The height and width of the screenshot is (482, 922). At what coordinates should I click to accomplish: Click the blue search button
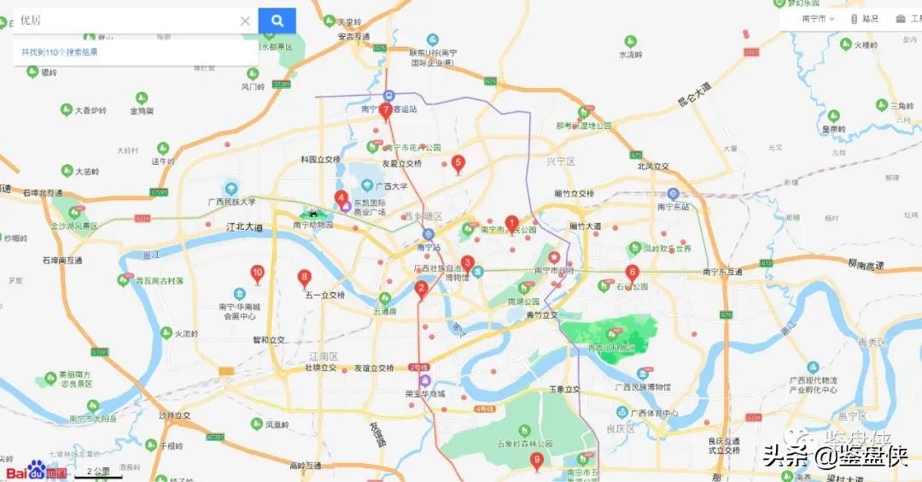pyautogui.click(x=277, y=21)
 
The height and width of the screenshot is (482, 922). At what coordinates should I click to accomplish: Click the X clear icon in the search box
pyautogui.click(x=245, y=21)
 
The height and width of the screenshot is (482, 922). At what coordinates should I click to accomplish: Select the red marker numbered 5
pyautogui.click(x=458, y=162)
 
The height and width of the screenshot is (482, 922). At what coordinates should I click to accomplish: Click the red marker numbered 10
pyautogui.click(x=257, y=273)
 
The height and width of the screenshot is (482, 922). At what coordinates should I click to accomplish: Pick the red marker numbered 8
pyautogui.click(x=304, y=278)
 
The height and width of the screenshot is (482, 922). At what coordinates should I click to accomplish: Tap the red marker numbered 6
pyautogui.click(x=632, y=273)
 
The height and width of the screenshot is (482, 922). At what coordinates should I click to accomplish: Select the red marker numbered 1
pyautogui.click(x=511, y=223)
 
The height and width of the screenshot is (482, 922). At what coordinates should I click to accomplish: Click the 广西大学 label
pyautogui.click(x=384, y=185)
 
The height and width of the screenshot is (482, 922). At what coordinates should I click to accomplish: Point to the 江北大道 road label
pyautogui.click(x=246, y=228)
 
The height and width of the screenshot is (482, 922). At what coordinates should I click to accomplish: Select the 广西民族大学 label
pyautogui.click(x=230, y=203)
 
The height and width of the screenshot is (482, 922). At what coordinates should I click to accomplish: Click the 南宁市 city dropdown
pyautogui.click(x=818, y=19)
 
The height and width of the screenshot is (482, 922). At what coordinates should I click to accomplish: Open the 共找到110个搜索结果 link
pyautogui.click(x=60, y=52)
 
